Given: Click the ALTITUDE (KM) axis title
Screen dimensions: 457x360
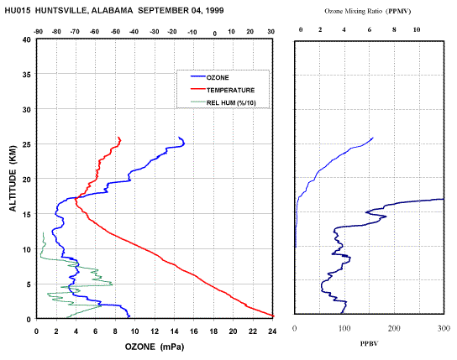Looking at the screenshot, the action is coord(13,179).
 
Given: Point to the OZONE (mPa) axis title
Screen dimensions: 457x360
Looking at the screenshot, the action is coord(155,347).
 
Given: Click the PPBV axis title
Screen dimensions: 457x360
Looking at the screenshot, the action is coord(370,344).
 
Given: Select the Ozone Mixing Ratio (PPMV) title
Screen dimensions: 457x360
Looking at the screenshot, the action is coord(368,12).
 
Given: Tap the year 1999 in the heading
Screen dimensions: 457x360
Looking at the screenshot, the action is coord(214,11).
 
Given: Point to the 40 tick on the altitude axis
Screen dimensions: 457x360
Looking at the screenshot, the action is coord(27,39).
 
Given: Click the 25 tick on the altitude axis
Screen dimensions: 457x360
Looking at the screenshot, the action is coord(27,144).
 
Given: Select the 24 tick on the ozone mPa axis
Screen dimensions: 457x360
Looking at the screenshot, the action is coord(272,331).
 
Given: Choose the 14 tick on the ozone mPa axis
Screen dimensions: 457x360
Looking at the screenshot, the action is coord(174,331).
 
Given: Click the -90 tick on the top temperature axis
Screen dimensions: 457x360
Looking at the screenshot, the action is coord(38,32).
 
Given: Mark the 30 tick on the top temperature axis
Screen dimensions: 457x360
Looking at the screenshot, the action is coord(271,32).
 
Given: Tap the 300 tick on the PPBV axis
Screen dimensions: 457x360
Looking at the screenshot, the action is coord(444,328).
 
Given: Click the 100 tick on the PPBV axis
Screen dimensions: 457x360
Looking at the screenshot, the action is coord(344,328).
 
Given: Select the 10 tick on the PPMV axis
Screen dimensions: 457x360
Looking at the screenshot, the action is coord(417,29).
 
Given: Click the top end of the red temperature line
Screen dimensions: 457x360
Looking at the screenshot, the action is coord(118,138).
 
